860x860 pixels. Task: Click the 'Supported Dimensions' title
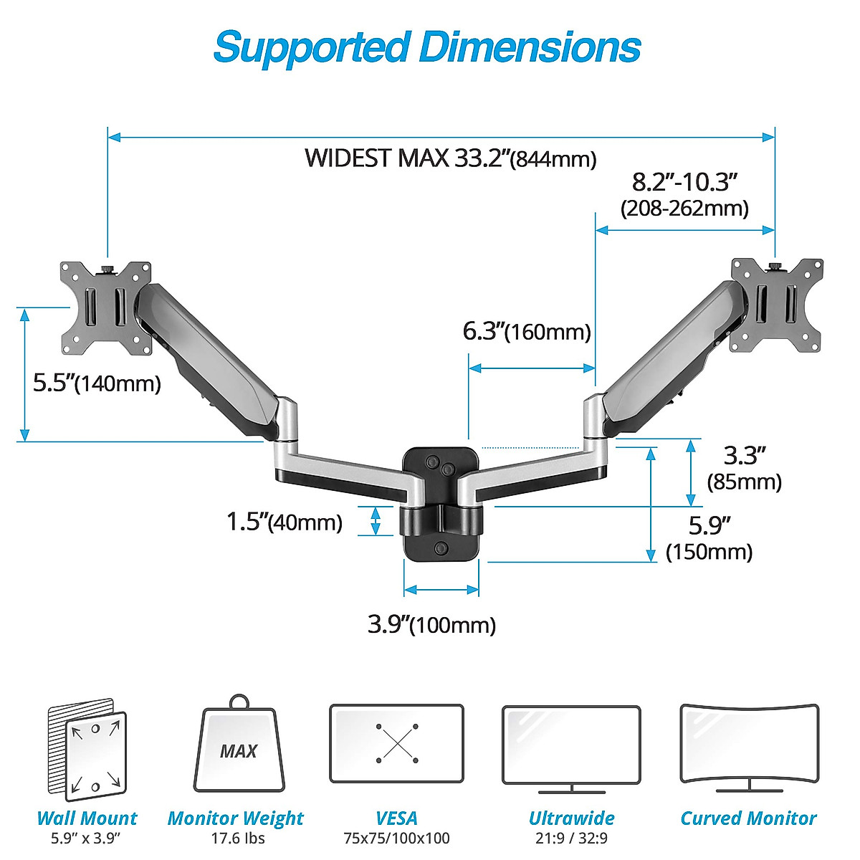(x=427, y=47)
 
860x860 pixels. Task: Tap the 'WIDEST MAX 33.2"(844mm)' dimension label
(x=450, y=158)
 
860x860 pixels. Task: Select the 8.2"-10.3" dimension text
(x=684, y=182)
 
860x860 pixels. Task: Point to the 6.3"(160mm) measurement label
(x=527, y=331)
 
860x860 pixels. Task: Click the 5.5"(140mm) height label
(x=97, y=383)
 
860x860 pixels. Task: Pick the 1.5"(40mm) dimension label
(x=285, y=521)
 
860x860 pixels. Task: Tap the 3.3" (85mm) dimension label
(x=744, y=468)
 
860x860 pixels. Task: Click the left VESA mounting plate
(x=106, y=307)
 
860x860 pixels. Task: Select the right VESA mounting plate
(x=776, y=305)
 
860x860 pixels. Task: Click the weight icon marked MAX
(x=239, y=749)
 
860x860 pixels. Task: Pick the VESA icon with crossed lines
(x=396, y=744)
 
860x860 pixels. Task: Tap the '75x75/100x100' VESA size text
(x=396, y=838)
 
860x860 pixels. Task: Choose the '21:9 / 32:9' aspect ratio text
(x=571, y=838)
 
